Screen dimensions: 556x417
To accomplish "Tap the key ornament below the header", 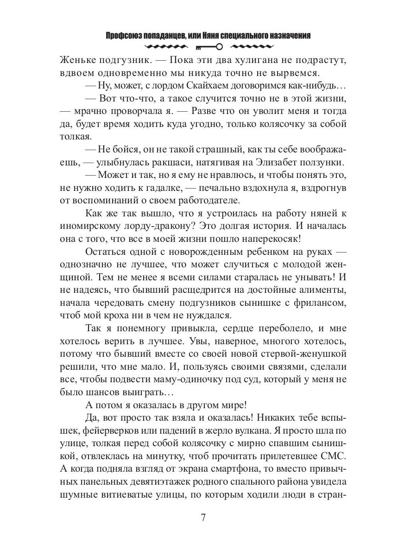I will [208, 46].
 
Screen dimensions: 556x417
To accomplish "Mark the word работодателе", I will [203, 201].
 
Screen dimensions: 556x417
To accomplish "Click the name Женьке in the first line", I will [78, 61].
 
